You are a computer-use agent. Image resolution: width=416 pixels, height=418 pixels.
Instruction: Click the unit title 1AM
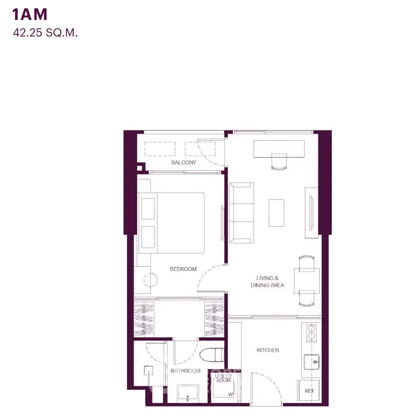(30, 15)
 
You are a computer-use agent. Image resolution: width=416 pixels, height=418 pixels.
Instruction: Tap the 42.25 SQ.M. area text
(45, 33)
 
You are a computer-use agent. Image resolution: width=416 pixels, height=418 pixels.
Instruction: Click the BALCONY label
(184, 163)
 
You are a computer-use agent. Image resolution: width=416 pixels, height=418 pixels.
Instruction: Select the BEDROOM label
(183, 269)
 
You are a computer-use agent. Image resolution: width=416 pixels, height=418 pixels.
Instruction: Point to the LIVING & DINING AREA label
(267, 282)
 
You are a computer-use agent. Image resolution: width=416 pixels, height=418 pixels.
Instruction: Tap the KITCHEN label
(268, 350)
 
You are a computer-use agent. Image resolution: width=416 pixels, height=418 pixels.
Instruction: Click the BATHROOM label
(186, 371)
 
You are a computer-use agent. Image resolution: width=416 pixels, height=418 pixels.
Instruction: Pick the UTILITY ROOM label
(223, 378)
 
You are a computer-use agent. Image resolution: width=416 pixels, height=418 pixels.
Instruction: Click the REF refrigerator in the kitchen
(308, 390)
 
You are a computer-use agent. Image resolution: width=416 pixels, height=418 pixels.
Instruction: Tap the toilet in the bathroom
(212, 355)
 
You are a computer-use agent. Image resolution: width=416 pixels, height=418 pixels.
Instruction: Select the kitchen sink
(312, 362)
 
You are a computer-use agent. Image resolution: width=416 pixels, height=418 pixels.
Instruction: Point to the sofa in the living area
(241, 213)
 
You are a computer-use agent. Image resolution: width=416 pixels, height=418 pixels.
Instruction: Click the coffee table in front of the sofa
(276, 213)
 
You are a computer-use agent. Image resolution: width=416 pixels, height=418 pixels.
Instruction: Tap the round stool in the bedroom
(151, 280)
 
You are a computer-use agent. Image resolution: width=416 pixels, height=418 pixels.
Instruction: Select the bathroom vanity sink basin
(188, 393)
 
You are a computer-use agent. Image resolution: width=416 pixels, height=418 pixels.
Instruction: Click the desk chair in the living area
(279, 162)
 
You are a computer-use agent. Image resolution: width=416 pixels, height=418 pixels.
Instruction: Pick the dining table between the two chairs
(307, 281)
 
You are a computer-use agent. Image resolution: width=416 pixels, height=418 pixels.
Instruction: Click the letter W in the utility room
(230, 394)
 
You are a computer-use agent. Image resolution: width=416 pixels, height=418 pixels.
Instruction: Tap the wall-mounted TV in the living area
(311, 213)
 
